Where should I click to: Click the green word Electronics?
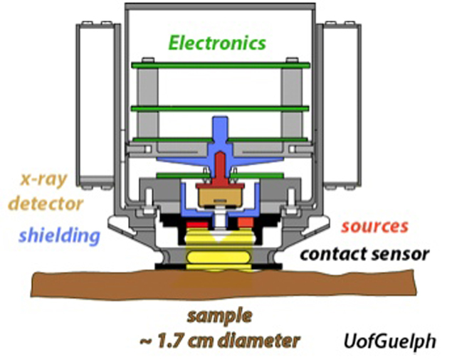coord(217,43)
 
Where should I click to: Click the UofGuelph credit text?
coord(390,340)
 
